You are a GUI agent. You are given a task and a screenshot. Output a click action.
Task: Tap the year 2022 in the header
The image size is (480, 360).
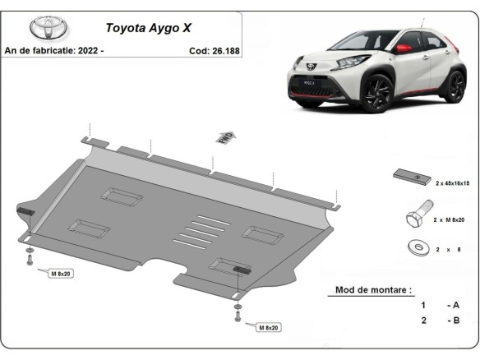tap(89, 51)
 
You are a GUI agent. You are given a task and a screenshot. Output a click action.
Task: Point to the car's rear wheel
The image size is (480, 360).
tap(454, 85)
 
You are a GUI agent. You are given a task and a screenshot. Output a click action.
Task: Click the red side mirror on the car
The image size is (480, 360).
tap(404, 48)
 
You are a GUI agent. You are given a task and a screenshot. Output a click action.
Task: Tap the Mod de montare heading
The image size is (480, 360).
tap(373, 289)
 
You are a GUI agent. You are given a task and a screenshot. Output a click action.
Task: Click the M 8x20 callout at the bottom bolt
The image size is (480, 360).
tap(267, 327)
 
